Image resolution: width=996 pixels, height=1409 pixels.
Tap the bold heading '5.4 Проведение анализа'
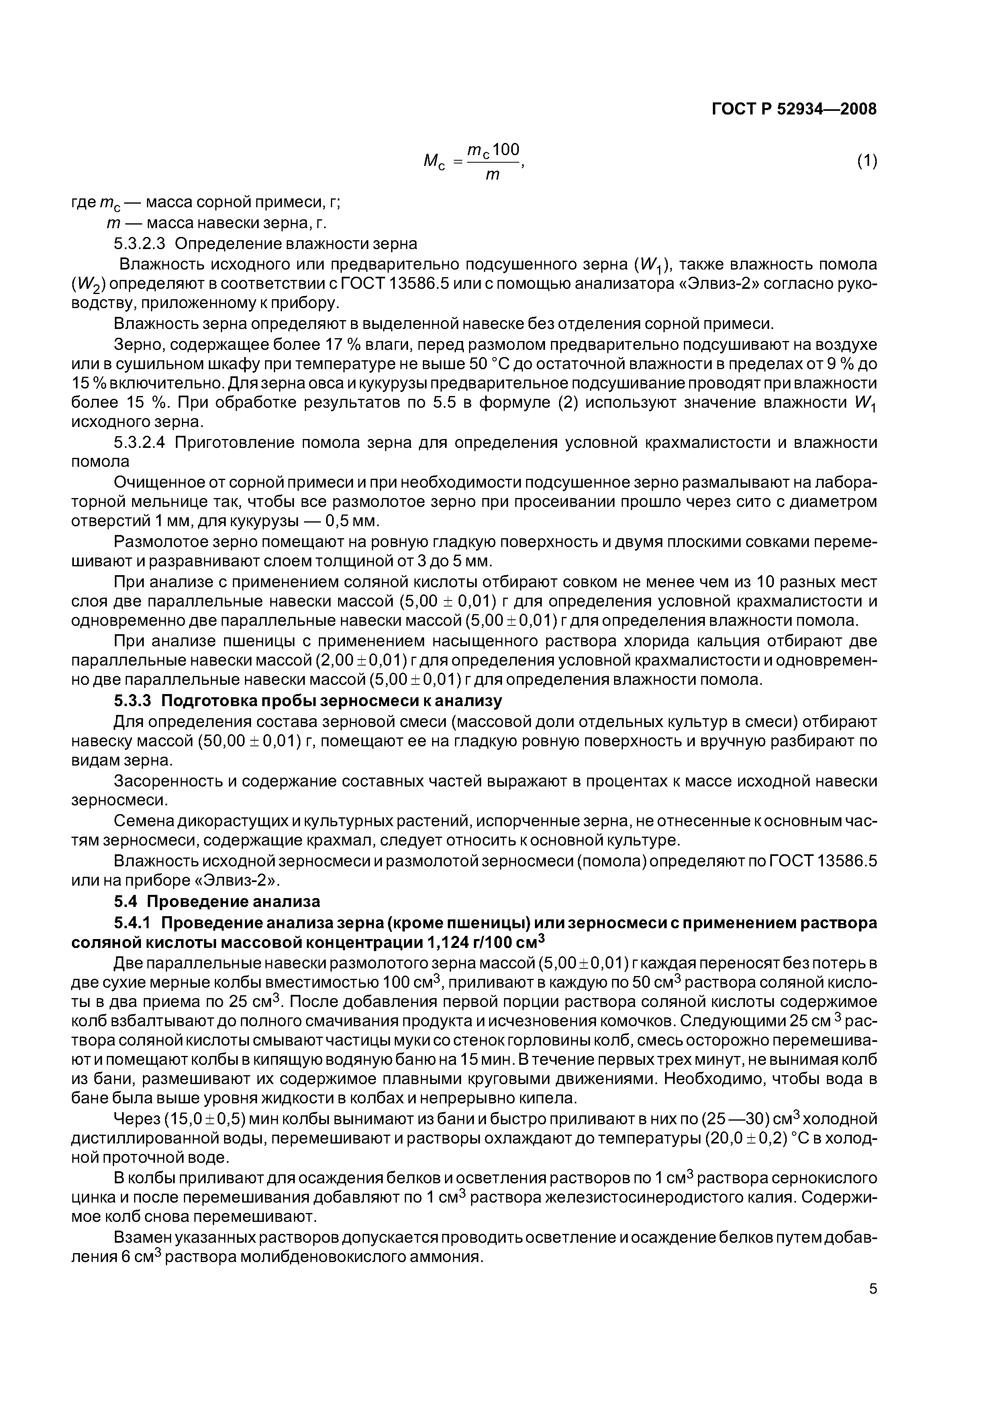pos(217,901)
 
